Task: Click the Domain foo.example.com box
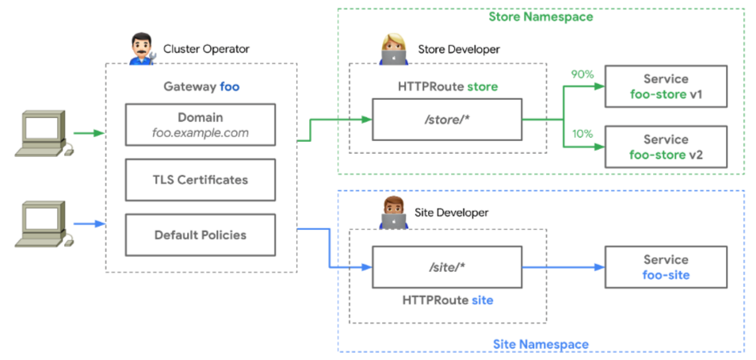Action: tap(200, 124)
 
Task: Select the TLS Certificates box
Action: tap(200, 180)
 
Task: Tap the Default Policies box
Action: tap(200, 235)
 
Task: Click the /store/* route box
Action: tap(447, 120)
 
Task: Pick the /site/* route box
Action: tap(447, 267)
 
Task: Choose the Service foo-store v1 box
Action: tap(666, 87)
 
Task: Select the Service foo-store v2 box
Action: tap(666, 147)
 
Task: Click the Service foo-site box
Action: tap(666, 267)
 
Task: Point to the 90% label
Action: tap(582, 74)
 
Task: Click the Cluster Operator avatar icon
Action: tap(143, 49)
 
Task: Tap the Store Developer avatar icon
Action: tap(394, 49)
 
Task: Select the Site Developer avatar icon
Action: tap(394, 213)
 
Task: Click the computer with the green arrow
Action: tap(44, 133)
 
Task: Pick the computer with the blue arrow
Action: tap(44, 223)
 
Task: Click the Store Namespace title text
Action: tap(540, 17)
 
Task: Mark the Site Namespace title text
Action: tap(540, 344)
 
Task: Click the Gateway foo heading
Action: tap(200, 86)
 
